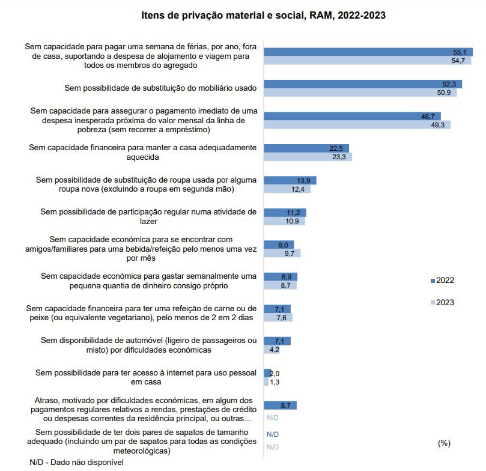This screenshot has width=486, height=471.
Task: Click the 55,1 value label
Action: pyautogui.click(x=460, y=52)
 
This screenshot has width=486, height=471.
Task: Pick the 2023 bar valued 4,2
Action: pyautogui.click(x=267, y=350)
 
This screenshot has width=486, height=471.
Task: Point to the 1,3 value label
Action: pyautogui.click(x=275, y=382)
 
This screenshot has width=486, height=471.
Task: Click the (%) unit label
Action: pyautogui.click(x=444, y=443)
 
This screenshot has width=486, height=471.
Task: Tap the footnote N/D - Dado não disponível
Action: pyautogui.click(x=76, y=463)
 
